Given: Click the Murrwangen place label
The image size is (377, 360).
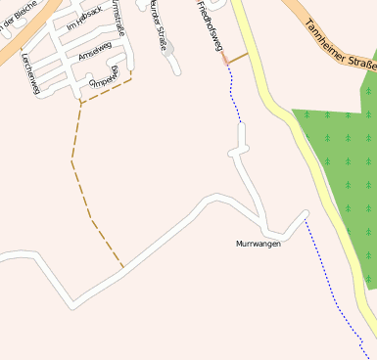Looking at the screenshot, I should click(x=258, y=244).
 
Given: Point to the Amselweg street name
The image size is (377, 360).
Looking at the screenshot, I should click(x=95, y=48).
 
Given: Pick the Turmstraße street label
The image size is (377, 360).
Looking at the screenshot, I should click(x=117, y=17).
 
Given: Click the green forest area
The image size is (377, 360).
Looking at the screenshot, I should click(x=338, y=166).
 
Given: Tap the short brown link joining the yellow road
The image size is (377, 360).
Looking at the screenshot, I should click(x=238, y=58).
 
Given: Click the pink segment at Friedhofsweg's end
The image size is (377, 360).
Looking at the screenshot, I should click(x=225, y=59).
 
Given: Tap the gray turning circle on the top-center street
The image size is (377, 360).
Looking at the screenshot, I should click(x=167, y=45).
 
